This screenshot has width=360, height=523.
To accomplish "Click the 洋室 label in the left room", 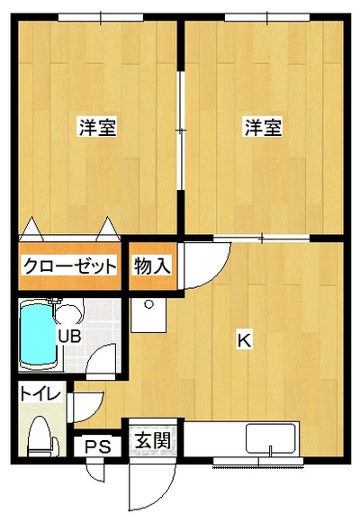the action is pos(98,126).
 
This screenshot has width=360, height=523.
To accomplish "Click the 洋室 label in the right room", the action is pos(264,126).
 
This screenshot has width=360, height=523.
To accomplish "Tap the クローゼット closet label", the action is pos(69,266).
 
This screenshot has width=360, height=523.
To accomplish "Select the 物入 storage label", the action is pos(153,266).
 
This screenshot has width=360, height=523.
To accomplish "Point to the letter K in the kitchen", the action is pos(244,340).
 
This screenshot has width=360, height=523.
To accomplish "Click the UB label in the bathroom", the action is pos(69,337).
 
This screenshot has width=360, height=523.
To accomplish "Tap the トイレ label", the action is pos(40,393).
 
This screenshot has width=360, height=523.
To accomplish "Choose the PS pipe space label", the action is pos(98,447).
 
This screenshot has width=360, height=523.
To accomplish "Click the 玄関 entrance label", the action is pos(153,440).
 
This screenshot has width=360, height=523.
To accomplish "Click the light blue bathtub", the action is pos(38,335).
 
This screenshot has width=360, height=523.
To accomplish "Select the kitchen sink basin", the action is pos(271,439).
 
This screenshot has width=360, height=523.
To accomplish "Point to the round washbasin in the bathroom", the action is pos(69,311).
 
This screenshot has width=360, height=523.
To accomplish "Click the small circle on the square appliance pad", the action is pos(148,304).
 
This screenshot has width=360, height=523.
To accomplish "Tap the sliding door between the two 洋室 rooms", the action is pos(181,131).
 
